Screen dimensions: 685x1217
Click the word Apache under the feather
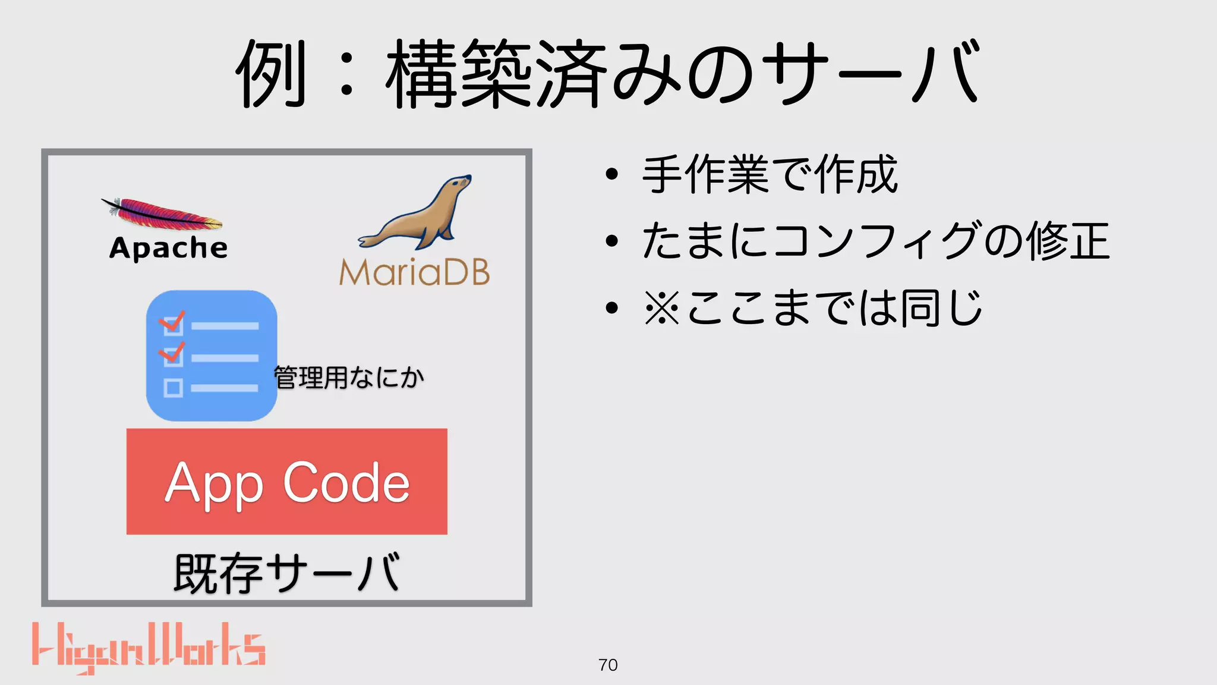pyautogui.click(x=168, y=248)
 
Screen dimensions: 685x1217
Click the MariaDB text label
pyautogui.click(x=414, y=272)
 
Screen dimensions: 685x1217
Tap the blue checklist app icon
pyautogui.click(x=212, y=356)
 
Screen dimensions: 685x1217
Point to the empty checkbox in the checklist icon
pyautogui.click(x=173, y=388)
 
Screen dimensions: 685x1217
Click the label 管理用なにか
pyautogui.click(x=349, y=378)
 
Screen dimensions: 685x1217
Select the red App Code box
pyautogui.click(x=286, y=481)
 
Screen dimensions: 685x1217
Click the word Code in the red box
pyautogui.click(x=346, y=482)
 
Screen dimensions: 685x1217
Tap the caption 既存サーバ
pyautogui.click(x=286, y=573)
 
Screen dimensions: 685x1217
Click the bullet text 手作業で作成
pyautogui.click(x=770, y=175)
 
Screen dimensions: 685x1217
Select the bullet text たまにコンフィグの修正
pyautogui.click(x=875, y=241)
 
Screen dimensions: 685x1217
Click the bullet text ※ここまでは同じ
pyautogui.click(x=813, y=308)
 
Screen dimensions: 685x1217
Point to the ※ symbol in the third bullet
pyautogui.click(x=661, y=308)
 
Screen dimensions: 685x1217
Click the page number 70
pyautogui.click(x=608, y=665)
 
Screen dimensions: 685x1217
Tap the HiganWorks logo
pyautogui.click(x=149, y=648)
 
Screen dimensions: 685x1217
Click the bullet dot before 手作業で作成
pyautogui.click(x=611, y=175)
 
